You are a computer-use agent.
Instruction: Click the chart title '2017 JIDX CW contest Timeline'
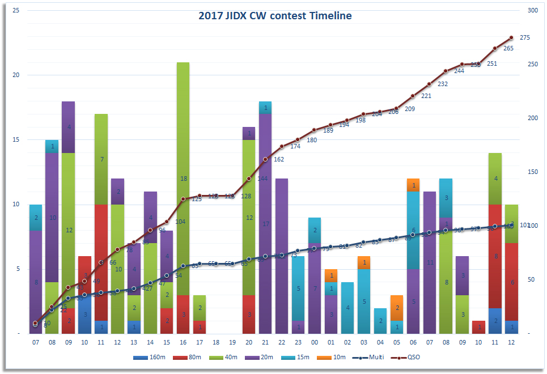click(275, 16)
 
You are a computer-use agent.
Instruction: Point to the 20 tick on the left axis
click(17, 75)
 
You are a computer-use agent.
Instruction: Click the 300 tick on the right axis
click(532, 11)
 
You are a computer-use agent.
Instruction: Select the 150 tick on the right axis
click(532, 172)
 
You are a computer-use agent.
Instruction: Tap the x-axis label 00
click(315, 343)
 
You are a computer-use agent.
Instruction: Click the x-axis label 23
click(298, 343)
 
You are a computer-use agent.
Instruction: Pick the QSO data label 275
click(525, 38)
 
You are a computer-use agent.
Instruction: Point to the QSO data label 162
click(278, 159)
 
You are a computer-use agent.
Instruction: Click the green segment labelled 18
click(183, 178)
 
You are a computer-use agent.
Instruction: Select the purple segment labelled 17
click(265, 224)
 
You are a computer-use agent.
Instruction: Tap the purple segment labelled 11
click(430, 262)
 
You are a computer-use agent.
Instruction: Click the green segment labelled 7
click(101, 159)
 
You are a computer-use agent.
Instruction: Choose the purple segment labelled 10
click(52, 218)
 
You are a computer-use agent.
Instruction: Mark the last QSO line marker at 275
click(512, 37)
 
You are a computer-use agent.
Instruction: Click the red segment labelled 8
click(496, 256)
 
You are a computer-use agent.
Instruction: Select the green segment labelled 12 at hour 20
click(249, 218)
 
